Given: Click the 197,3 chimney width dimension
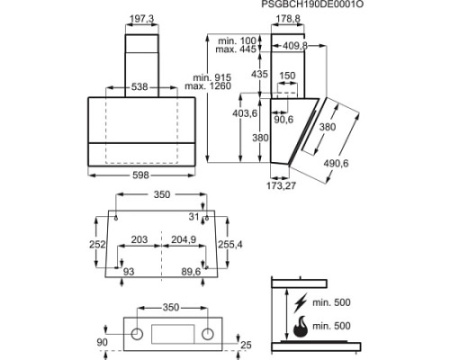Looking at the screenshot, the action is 142,19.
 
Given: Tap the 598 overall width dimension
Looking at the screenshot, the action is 141,175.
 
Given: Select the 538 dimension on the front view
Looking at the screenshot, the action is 139,87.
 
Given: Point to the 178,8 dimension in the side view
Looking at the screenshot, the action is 288,19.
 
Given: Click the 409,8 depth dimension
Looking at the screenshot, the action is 295,46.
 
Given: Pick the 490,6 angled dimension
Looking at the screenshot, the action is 336,163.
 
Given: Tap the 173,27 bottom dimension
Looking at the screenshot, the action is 281,185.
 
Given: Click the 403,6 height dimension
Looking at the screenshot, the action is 245,113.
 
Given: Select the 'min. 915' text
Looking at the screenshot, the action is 212,78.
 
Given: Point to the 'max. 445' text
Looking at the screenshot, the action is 236,49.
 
